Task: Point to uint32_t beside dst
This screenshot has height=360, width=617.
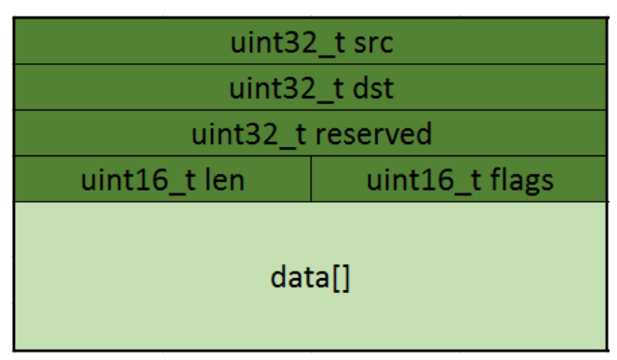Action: [x=278, y=88]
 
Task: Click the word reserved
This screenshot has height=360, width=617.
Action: [x=374, y=134]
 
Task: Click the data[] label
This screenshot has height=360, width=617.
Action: [x=310, y=277]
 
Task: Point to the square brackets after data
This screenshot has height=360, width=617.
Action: [x=340, y=277]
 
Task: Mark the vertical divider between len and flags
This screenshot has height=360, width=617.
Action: [x=311, y=179]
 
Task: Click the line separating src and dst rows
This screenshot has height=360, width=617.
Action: [x=310, y=64]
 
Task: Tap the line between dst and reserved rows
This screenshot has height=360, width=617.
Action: [x=310, y=110]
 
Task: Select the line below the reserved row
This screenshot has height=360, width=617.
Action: [x=310, y=156]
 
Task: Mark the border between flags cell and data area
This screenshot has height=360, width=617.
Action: [x=461, y=201]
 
